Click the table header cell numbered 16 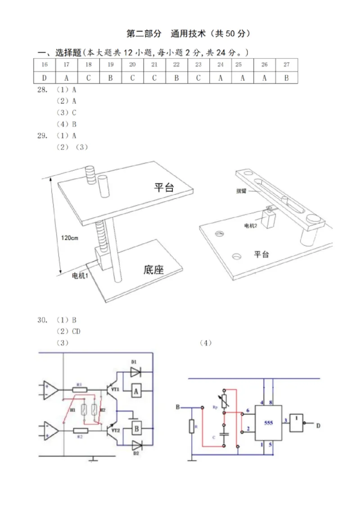(x=45, y=65)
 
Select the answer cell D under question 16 (x=45, y=77)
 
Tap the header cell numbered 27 (x=287, y=65)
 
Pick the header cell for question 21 (x=154, y=65)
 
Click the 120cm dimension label (x=70, y=238)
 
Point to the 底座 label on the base (x=153, y=270)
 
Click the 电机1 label (x=80, y=275)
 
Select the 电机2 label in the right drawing (x=250, y=225)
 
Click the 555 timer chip (x=269, y=423)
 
